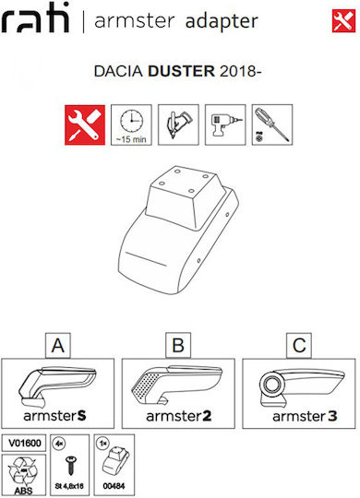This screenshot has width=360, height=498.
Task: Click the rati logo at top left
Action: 35,18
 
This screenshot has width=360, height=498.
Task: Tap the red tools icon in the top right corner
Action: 343,21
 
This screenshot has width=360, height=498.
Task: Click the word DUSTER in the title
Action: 181,71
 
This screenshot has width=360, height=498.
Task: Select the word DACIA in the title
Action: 118,71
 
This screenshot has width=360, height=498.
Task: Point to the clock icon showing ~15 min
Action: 131,125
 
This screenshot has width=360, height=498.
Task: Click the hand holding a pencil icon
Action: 178,125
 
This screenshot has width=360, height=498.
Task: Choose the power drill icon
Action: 225,125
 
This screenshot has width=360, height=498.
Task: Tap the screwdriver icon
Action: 272,125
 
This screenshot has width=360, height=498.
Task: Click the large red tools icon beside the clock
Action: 85,125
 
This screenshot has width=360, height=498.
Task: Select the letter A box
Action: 58,345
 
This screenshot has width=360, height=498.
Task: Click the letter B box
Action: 178,345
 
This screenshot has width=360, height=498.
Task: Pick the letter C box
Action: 299,345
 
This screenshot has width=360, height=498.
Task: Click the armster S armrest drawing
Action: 57,386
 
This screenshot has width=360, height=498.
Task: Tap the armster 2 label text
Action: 179,416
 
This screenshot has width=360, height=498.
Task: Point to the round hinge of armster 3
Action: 273,385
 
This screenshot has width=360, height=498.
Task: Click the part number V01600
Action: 25,443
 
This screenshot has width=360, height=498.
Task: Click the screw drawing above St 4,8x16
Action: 70,466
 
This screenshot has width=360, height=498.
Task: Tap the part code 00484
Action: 114,486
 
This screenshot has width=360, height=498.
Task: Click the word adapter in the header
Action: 222,21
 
